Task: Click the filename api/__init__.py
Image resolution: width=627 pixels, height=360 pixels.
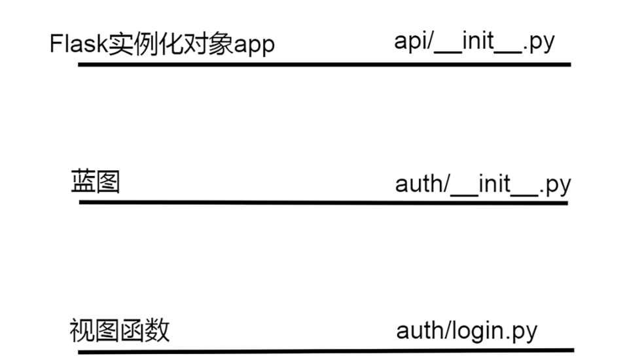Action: pos(475,42)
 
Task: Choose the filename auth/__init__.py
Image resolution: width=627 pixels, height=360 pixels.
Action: pos(483,184)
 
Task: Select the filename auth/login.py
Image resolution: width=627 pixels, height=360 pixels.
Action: pos(467,331)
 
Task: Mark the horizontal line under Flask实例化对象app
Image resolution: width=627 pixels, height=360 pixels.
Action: pos(325,64)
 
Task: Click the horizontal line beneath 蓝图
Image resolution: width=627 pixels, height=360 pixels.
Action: pos(323,202)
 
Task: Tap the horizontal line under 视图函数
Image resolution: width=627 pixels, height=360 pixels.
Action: pos(326,351)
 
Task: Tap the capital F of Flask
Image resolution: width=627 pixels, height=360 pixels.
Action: pos(56,45)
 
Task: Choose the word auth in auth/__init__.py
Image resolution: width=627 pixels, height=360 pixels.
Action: pos(419,184)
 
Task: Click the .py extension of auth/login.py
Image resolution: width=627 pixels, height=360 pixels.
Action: pos(522,331)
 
